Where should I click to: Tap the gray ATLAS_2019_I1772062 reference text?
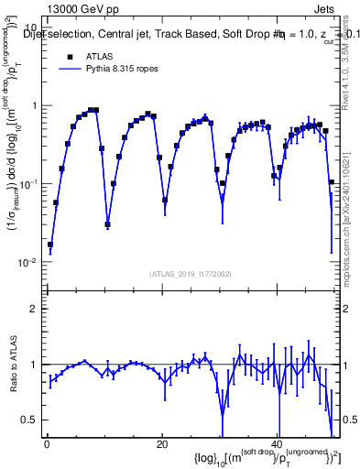coord(189,274)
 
